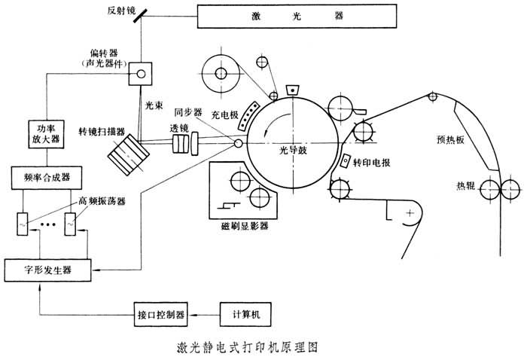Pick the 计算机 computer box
pyautogui.click(x=244, y=313)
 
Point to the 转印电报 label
pyautogui.click(x=374, y=161)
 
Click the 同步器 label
pyautogui.click(x=188, y=112)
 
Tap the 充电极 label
pyautogui.click(x=224, y=114)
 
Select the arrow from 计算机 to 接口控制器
pyautogui.click(x=203, y=313)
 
